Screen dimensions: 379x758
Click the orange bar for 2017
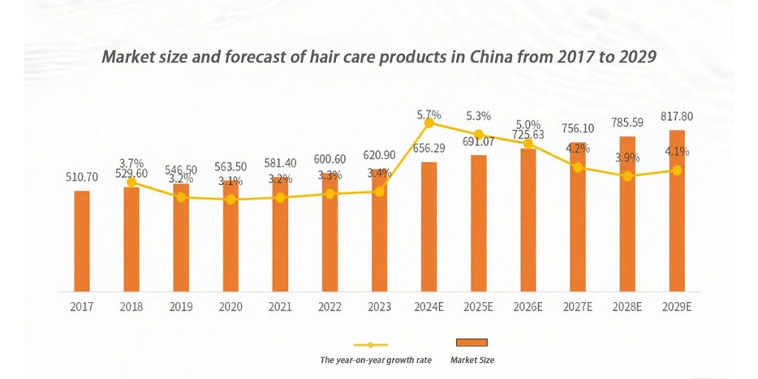coord(82,241)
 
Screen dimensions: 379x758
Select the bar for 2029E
coord(677,210)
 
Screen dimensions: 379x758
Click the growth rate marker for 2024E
coord(429,123)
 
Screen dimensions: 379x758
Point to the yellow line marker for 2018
coord(132,181)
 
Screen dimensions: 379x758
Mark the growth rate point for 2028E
coord(627,176)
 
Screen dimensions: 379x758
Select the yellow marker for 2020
coord(231,199)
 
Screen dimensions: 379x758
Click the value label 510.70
coord(82,177)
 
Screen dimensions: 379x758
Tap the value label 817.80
coord(677,117)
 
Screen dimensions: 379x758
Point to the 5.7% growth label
coord(429,115)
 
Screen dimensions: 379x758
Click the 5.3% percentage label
coord(478,116)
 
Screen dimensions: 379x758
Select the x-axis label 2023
coord(379,306)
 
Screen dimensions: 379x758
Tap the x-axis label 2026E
coord(528,306)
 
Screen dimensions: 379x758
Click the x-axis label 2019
coord(181,306)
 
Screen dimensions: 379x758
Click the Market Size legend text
coord(472,360)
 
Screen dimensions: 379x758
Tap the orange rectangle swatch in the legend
coord(471,343)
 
